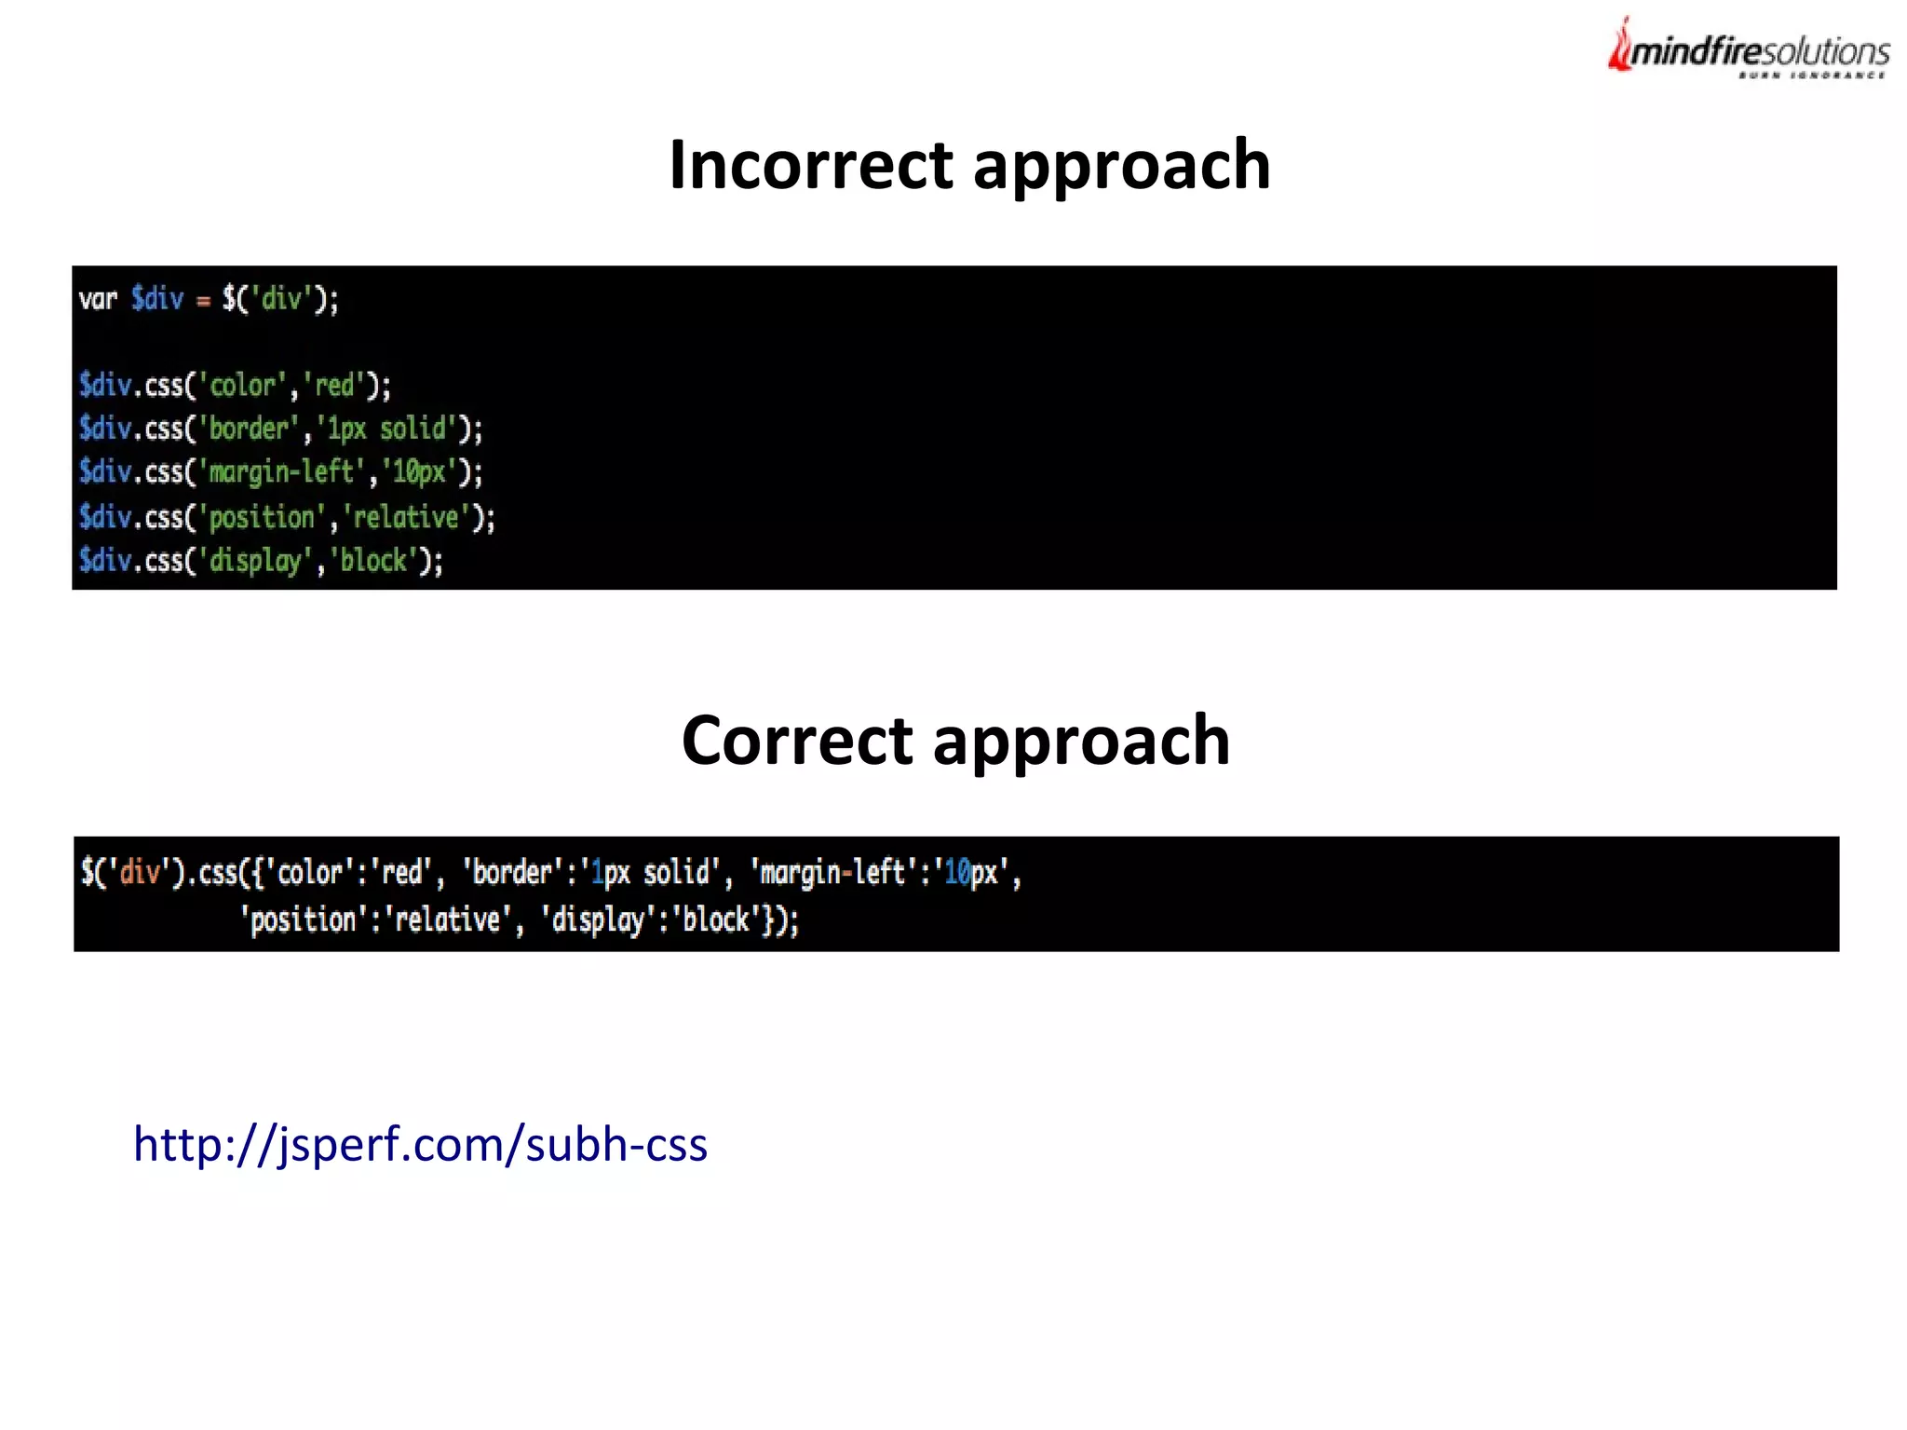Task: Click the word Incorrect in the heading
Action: [811, 165]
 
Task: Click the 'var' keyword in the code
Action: [98, 299]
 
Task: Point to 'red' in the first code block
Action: [334, 386]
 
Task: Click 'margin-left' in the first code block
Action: [280, 472]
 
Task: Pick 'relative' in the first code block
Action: [406, 517]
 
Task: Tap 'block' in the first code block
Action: [373, 561]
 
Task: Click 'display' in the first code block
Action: [255, 561]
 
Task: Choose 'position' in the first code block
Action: [262, 517]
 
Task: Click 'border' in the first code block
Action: [249, 429]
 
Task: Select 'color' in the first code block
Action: [242, 386]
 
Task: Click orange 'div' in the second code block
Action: [140, 873]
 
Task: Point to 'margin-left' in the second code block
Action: [832, 873]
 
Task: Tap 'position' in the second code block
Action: [303, 920]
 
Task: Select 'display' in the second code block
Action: [598, 920]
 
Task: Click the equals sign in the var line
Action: [203, 301]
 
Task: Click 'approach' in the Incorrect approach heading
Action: [1121, 165]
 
